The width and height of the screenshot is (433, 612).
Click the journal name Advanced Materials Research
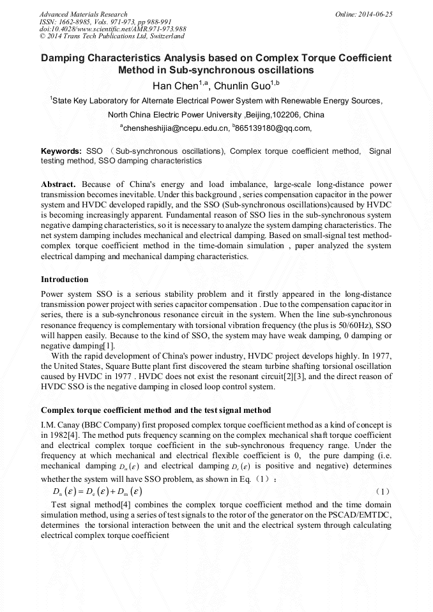pos(84,14)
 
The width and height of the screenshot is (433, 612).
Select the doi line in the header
pos(113,29)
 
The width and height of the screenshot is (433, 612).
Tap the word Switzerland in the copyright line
pos(163,36)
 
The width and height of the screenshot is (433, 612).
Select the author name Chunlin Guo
pos(242,85)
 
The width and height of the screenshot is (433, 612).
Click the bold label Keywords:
pos(61,151)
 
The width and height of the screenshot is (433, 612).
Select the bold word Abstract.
pos(58,184)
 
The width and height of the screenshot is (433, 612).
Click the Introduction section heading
pos(65,280)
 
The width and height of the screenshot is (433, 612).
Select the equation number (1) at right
pos(382,492)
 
